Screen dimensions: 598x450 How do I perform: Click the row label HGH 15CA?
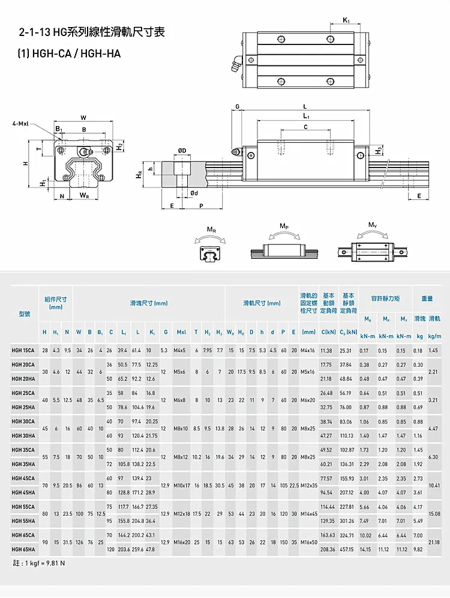point(23,350)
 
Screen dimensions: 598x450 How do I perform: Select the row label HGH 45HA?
point(23,492)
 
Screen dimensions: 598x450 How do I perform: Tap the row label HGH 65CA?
point(23,535)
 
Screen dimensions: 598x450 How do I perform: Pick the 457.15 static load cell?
point(346,549)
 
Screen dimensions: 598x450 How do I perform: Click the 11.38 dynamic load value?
point(326,350)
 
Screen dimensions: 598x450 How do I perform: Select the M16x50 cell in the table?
point(309,542)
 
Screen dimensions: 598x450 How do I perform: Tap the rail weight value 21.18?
point(434,542)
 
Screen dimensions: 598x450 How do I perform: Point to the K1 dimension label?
point(347,21)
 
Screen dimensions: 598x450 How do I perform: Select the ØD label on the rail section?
point(182,149)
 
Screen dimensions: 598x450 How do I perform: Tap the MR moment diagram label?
point(211,229)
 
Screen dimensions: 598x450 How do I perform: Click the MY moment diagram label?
point(373,225)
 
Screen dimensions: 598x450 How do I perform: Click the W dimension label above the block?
point(83,117)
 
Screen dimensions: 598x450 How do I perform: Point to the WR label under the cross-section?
point(84,195)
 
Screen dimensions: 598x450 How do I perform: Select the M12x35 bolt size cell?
point(309,485)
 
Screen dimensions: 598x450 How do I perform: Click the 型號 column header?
point(24,313)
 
